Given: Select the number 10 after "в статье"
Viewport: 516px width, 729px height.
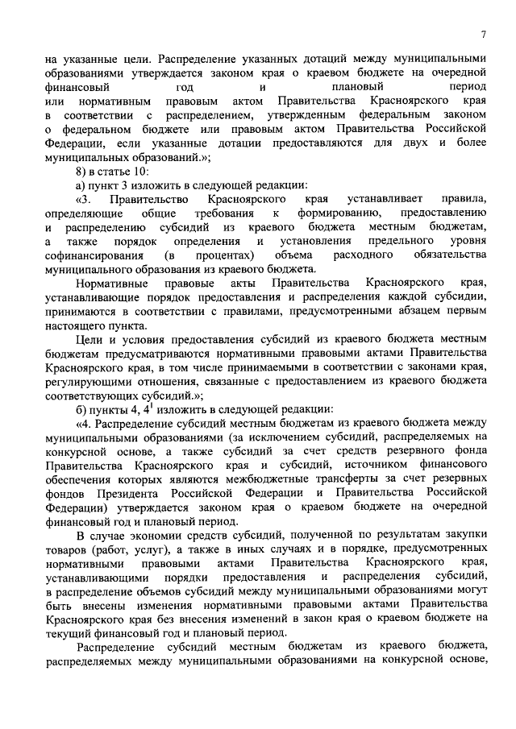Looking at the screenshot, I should click(142, 172).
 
